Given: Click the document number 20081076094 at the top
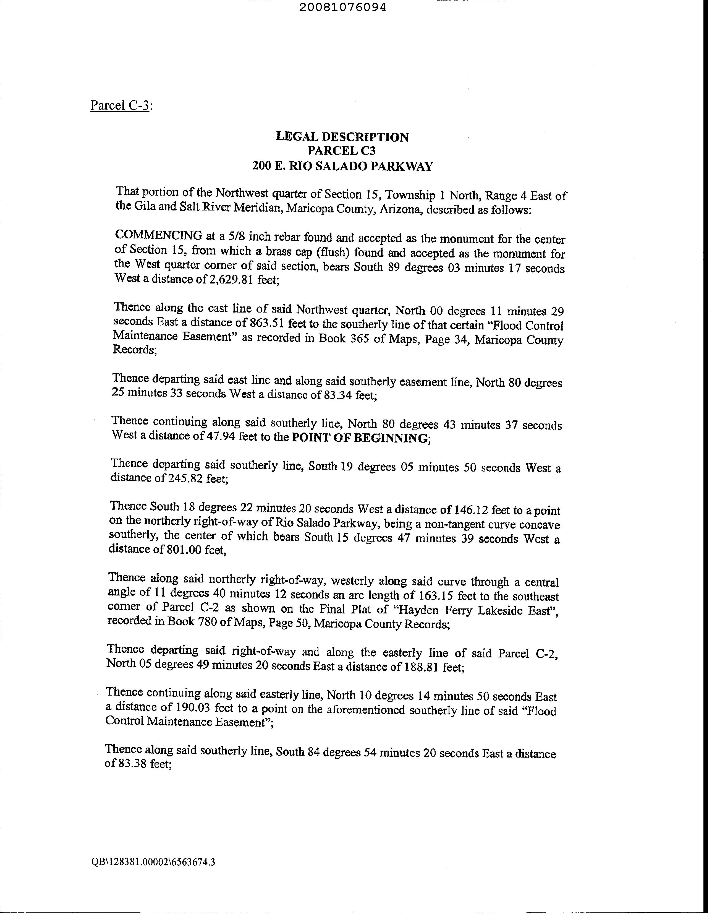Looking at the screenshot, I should coord(342,7).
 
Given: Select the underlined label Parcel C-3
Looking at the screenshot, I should coord(120,105).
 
